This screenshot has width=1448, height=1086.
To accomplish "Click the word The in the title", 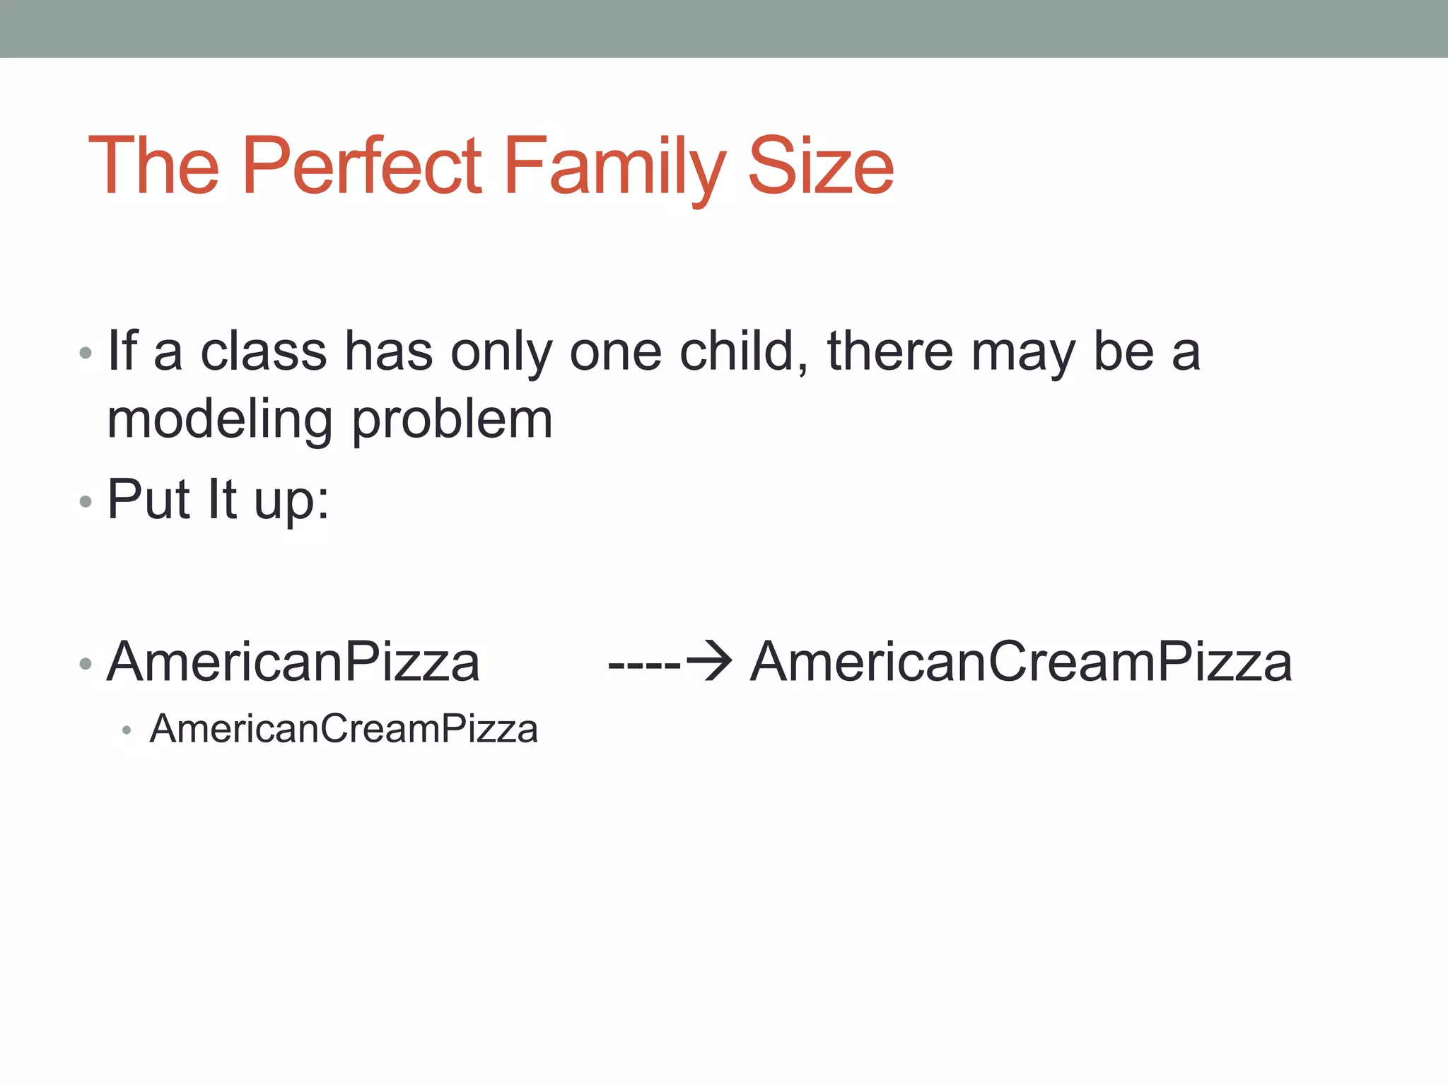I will click(153, 166).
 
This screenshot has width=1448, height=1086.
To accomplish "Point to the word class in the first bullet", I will click(264, 351).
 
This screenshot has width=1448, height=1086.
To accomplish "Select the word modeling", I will click(220, 421).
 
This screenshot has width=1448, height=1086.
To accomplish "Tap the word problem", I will click(452, 421).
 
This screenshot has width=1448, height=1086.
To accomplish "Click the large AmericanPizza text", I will click(293, 662).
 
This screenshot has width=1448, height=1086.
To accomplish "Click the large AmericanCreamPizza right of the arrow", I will click(1021, 662).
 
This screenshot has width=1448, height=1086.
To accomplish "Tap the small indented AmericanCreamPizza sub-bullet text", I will click(344, 729).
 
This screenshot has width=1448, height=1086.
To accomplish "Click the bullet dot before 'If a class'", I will click(86, 353).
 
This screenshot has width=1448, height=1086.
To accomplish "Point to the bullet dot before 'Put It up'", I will click(86, 501).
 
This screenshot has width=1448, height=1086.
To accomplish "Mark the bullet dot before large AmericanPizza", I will click(86, 664).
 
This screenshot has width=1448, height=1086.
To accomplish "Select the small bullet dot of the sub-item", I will click(127, 730).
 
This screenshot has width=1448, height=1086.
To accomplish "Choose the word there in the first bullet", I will click(890, 351).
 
